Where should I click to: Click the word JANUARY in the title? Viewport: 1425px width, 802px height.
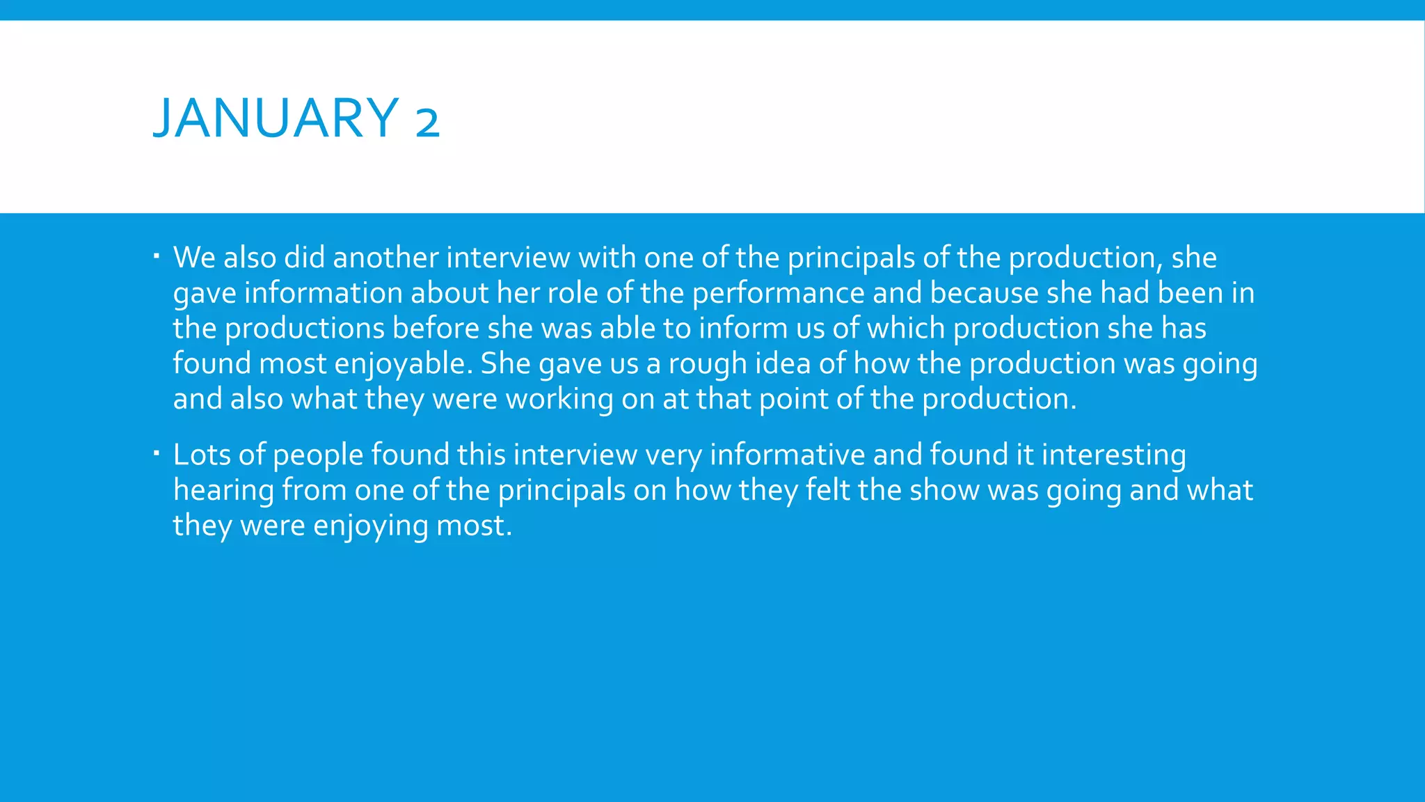click(276, 118)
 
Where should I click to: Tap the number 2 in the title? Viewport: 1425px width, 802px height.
click(427, 120)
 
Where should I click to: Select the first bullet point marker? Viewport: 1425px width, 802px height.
click(157, 257)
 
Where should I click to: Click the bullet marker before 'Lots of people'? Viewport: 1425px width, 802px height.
click(157, 454)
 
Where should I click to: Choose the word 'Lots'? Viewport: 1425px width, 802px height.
click(202, 455)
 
